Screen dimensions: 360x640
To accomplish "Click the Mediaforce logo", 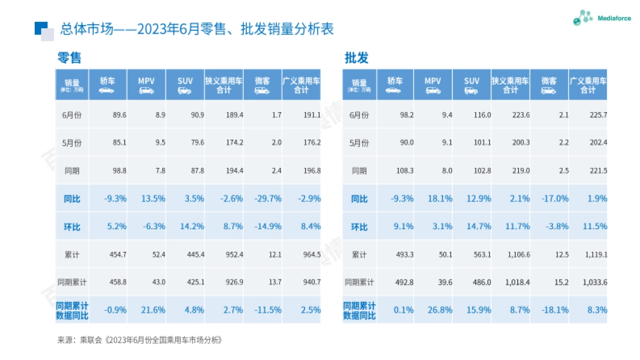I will [601, 18].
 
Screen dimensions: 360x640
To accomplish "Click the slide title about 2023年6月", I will [197, 29].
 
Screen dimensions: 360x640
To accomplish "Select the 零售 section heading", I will [69, 58].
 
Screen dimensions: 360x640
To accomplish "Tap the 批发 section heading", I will [357, 58].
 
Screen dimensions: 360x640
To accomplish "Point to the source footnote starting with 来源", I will [139, 340].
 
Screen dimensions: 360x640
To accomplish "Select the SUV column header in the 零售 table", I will [185, 84].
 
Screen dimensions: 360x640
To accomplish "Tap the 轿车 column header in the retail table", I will [108, 84].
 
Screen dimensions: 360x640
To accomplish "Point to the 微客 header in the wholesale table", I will [549, 84].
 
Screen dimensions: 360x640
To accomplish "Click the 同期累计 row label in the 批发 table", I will [359, 282].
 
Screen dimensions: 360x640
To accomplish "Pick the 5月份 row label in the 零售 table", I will [72, 143].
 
